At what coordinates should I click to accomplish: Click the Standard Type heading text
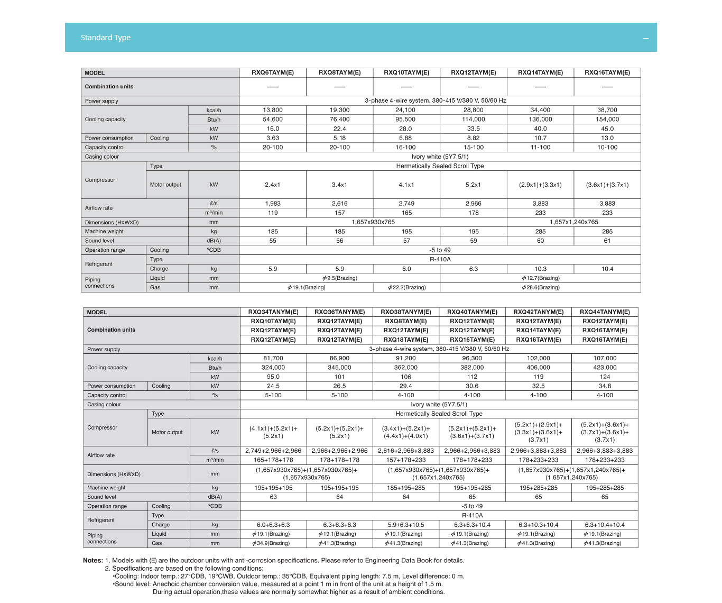[105, 38]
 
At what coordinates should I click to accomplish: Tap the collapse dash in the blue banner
[645, 38]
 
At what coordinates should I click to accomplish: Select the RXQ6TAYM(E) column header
[272, 72]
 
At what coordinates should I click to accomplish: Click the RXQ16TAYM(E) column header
[607, 72]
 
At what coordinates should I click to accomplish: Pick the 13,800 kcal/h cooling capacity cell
[272, 110]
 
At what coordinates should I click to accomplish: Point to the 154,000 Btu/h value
[607, 120]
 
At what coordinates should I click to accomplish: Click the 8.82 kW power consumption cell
[473, 138]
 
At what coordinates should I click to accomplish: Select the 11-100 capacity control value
[540, 148]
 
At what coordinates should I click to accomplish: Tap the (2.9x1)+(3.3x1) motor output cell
[540, 185]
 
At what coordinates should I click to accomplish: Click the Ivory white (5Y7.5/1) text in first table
[440, 157]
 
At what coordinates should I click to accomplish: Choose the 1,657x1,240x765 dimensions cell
[573, 222]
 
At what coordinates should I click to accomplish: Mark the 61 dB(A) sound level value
[607, 241]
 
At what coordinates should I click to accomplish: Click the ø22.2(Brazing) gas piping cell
[406, 288]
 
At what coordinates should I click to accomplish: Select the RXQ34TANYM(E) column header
[273, 312]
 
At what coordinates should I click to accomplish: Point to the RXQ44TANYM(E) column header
[605, 312]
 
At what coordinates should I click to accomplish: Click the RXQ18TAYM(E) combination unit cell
[405, 340]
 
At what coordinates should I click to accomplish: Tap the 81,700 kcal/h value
[273, 358]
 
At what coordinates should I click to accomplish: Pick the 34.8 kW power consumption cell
[605, 386]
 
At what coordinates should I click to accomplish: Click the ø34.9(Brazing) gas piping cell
[273, 543]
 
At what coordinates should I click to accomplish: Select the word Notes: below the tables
[92, 561]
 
